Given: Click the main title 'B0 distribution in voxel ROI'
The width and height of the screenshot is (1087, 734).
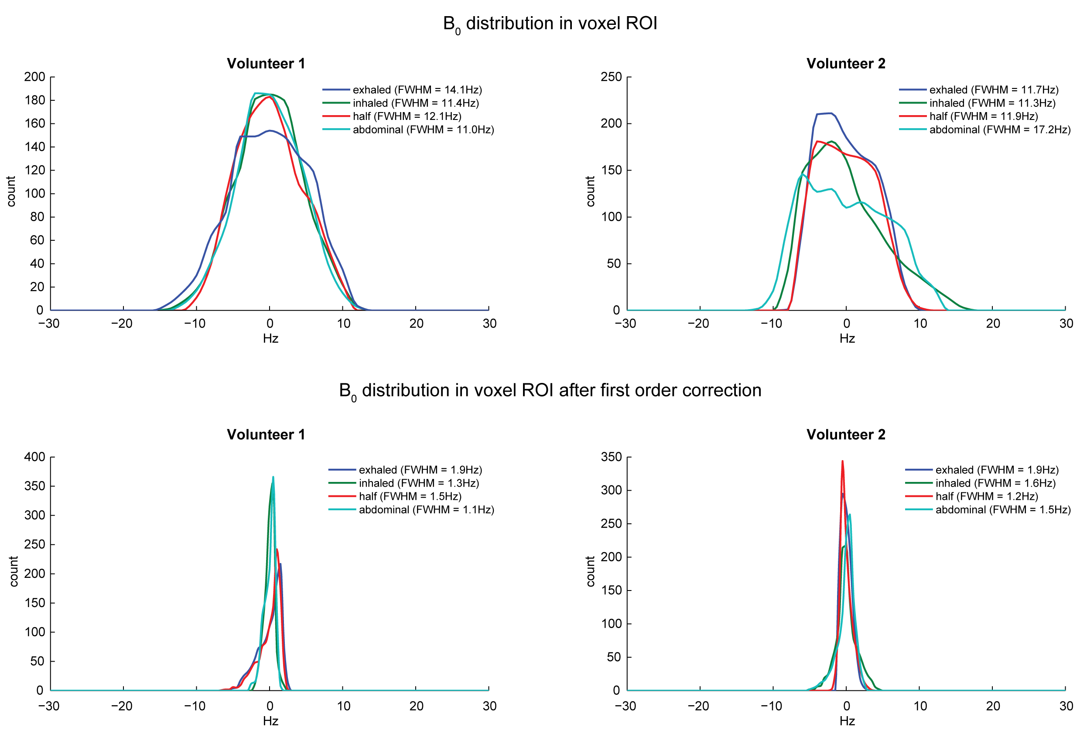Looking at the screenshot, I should tap(550, 24).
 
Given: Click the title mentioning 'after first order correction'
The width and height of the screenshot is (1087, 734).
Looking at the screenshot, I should tap(550, 390).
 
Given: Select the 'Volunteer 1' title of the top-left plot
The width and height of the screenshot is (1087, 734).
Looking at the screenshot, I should tap(266, 64).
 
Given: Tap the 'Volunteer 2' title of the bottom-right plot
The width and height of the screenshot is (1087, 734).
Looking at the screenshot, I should tap(846, 434).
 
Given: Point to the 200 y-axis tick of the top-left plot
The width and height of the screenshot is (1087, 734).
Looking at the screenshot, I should tap(34, 77).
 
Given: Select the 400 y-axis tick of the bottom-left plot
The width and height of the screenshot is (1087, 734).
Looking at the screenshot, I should tap(34, 457).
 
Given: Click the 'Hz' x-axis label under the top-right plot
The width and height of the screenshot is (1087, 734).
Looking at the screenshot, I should tap(847, 338).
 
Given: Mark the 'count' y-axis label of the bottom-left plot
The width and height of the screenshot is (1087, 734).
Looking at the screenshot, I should tap(14, 571).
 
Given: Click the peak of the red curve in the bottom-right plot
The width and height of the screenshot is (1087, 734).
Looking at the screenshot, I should tap(842, 461).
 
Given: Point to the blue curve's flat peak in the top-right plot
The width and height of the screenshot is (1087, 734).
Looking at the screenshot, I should tap(824, 113).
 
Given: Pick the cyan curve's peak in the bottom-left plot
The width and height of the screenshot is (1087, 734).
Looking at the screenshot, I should tap(273, 477).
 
